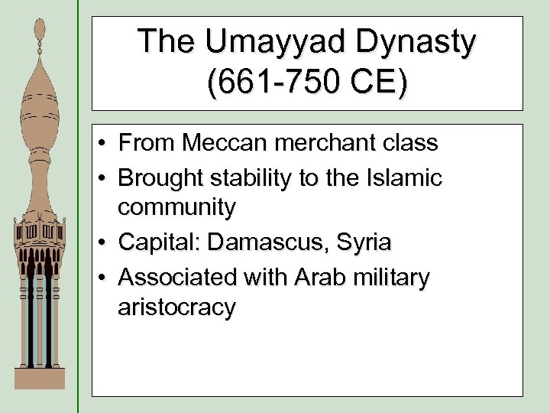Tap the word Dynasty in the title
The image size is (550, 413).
[412, 42]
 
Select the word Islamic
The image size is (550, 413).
[406, 178]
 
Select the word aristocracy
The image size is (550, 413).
[176, 307]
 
